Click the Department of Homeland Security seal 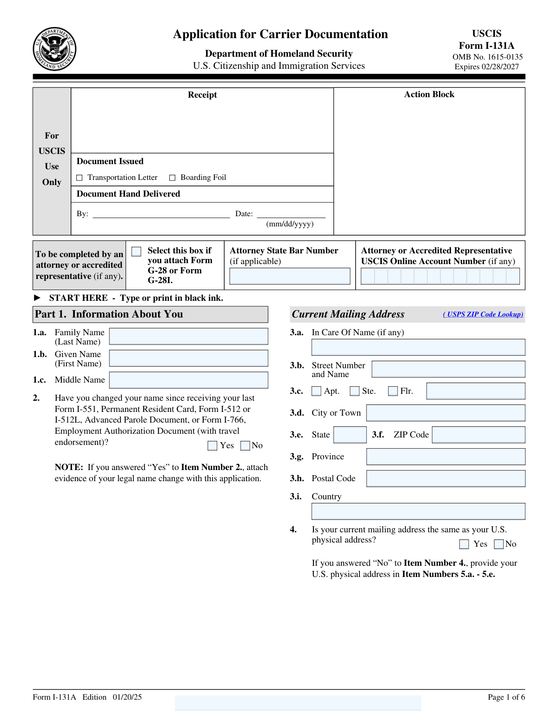coord(54,49)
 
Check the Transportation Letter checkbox coord(80,178)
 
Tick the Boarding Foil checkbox coord(173,178)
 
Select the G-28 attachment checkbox coord(137,252)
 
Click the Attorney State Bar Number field coord(290,276)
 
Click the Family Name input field coord(188,336)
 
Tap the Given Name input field coord(188,358)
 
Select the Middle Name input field coord(188,380)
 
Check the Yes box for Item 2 coord(213,446)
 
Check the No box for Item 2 coord(245,446)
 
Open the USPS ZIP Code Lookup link coord(483,314)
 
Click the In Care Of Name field coord(418,347)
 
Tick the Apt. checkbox coord(317,391)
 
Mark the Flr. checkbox coord(393,391)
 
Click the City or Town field coord(445,413)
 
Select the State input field coord(350,435)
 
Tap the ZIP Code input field coord(478,435)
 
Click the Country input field coord(418,511)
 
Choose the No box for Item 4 coord(499,544)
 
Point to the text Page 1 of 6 coord(506,697)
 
